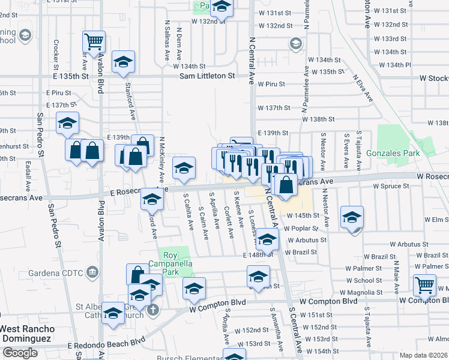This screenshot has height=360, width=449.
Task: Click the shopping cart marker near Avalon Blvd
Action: [94, 42]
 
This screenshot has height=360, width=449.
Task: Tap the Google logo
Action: [20, 353]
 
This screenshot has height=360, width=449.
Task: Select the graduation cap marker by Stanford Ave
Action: [123, 62]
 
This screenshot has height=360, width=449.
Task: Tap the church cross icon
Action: [153, 310]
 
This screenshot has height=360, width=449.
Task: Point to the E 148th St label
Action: [258, 255]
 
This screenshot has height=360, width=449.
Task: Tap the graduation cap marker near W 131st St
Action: [221, 8]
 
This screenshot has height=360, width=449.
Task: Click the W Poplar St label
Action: [301, 228]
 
